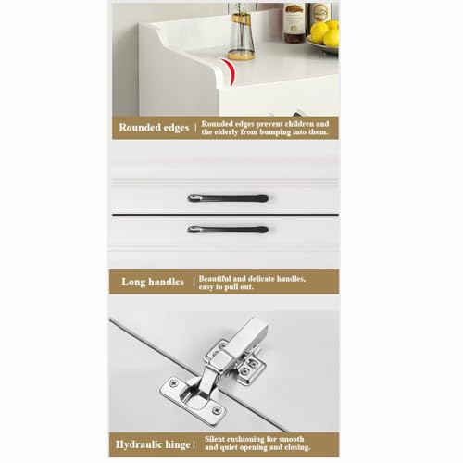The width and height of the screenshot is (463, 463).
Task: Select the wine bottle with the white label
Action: tap(294, 23)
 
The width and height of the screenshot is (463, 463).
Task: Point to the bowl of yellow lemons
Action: tap(323, 39)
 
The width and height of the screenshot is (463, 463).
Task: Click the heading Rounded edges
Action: tap(154, 128)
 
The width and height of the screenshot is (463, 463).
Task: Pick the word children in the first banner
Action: tap(299, 124)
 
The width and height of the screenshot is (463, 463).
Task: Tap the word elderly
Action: tap(226, 132)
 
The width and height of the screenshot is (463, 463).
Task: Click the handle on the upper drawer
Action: tap(228, 198)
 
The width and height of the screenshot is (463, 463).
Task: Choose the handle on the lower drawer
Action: tap(228, 230)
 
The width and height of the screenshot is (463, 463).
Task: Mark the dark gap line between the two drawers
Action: tap(225, 214)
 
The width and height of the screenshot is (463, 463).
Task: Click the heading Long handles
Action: tap(153, 282)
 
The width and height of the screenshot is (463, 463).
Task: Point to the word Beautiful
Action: tap(215, 279)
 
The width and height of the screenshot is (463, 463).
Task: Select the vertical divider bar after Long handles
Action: tap(194, 282)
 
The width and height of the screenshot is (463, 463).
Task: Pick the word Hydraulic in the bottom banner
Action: tap(135, 444)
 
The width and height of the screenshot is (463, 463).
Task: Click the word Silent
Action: tap(215, 439)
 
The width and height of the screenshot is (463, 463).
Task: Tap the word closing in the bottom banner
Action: tap(298, 447)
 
